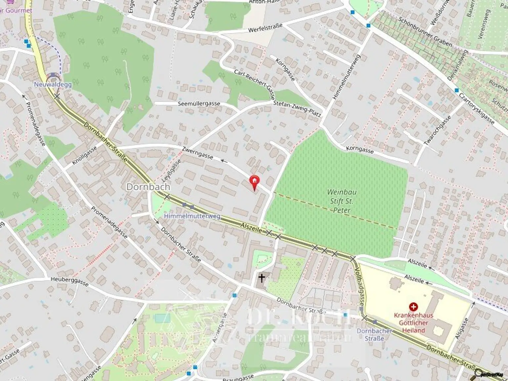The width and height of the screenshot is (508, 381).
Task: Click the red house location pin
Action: pyautogui.click(x=254, y=182)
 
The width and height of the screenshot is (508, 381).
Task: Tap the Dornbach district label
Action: pyautogui.click(x=148, y=187)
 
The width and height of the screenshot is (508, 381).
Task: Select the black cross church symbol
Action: pyautogui.click(x=262, y=278)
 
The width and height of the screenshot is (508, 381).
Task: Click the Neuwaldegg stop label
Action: pyautogui.click(x=53, y=84)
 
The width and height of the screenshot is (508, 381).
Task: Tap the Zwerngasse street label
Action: pyautogui.click(x=197, y=153)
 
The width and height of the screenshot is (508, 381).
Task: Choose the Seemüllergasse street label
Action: pyautogui.click(x=199, y=104)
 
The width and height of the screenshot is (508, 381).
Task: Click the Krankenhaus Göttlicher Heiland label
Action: pyautogui.click(x=413, y=323)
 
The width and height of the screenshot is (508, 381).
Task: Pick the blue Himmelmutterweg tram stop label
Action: pyautogui.click(x=192, y=216)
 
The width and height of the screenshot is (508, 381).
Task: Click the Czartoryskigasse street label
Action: pyautogui.click(x=476, y=108)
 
